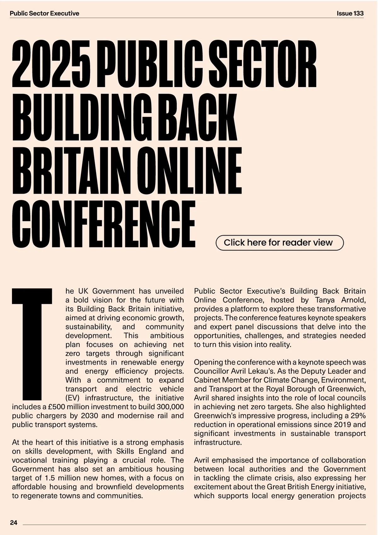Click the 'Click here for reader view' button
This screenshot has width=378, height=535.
(x=279, y=243)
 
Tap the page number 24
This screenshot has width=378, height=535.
(x=14, y=523)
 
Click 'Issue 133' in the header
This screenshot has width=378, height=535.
(x=350, y=13)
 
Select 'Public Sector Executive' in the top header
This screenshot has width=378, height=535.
(x=44, y=13)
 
